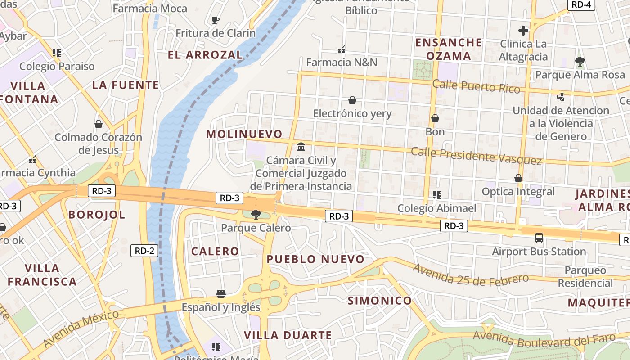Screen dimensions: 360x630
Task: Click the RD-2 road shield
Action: [144, 251]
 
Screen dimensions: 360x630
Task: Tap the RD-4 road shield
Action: [581, 4]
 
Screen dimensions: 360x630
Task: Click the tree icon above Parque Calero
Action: [256, 214]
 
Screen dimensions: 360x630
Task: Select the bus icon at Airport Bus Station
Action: [539, 238]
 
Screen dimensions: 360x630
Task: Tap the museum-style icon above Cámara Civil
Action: [301, 147]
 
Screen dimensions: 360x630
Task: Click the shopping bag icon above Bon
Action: [435, 118]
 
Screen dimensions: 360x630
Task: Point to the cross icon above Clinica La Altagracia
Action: [523, 31]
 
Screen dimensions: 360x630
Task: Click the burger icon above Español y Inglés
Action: [220, 294]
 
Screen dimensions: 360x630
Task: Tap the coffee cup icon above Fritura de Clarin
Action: [215, 20]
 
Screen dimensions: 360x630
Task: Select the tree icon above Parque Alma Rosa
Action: [580, 61]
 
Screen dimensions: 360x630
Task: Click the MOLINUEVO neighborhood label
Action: [244, 134]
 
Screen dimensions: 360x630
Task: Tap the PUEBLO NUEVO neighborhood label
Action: [315, 259]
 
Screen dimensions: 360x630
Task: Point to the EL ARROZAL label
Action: [205, 55]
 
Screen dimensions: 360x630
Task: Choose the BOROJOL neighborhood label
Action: [97, 215]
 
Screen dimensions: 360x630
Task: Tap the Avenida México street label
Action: [81, 329]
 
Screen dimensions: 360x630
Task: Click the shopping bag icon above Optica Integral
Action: [518, 178]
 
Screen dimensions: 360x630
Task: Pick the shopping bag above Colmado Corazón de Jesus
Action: [99, 124]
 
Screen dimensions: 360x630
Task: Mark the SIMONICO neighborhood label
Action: [380, 301]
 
